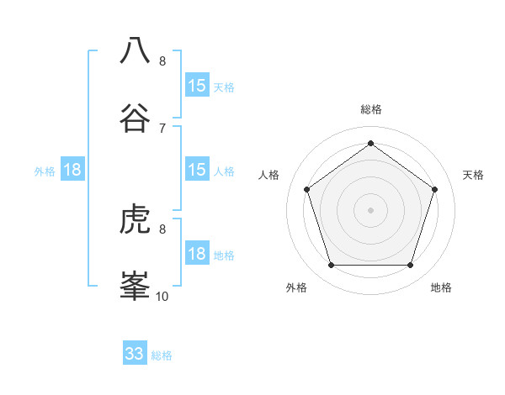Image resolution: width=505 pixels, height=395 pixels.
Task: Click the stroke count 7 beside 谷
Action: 162,128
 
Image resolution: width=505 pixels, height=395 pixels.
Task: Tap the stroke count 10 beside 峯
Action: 162,296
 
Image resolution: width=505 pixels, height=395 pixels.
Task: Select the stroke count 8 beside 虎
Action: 162,229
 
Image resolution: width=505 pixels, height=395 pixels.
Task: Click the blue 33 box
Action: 135,354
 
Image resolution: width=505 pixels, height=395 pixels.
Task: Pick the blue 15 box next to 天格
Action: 197,86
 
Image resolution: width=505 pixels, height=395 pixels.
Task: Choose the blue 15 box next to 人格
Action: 197,170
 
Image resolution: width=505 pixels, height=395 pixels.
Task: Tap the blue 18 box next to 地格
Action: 197,254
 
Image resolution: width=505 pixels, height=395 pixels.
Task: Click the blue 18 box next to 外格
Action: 72,170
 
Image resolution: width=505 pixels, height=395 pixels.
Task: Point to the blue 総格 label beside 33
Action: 162,355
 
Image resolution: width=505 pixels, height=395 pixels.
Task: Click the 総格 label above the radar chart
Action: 370,109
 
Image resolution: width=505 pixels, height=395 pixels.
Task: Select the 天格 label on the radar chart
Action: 473,175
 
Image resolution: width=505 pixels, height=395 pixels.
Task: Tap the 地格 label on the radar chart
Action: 441,287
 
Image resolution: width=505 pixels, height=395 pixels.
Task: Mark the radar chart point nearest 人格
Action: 306,189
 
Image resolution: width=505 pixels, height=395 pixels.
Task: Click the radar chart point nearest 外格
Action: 331,266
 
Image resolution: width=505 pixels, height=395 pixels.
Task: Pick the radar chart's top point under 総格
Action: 370,143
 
